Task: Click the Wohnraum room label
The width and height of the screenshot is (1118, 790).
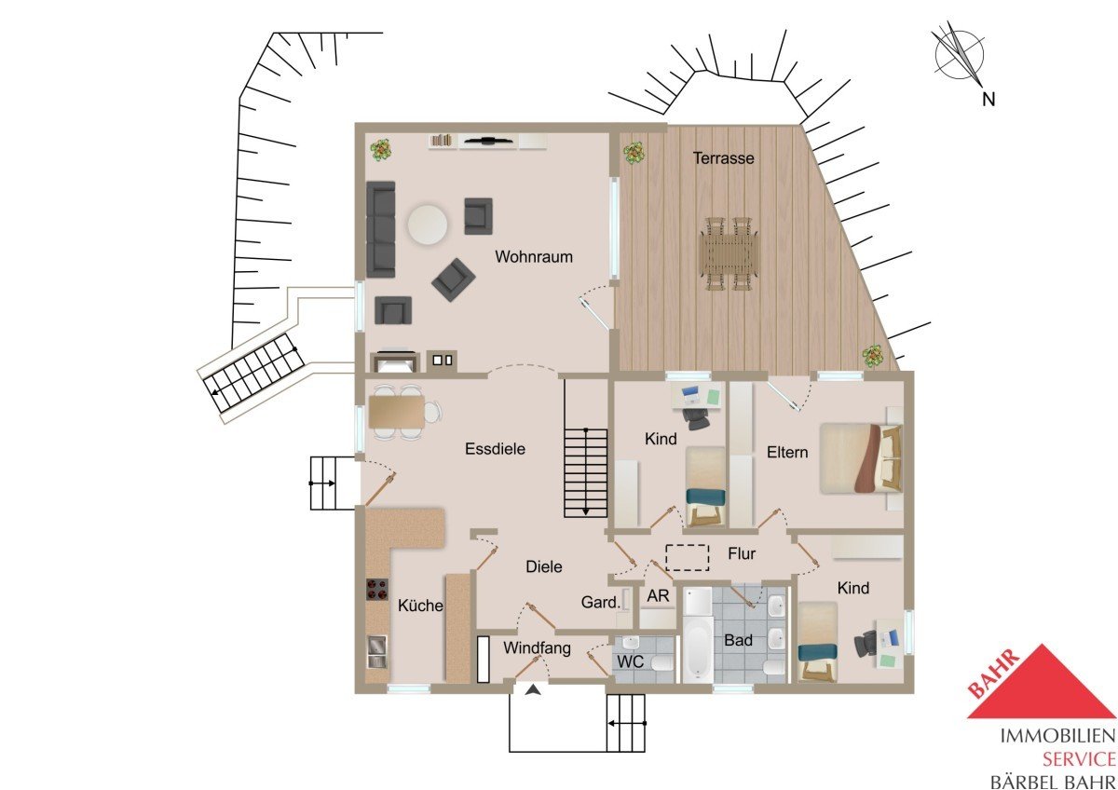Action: click(534, 257)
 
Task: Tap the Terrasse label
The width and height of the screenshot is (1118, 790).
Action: click(723, 158)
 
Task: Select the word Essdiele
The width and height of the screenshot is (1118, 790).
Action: click(495, 449)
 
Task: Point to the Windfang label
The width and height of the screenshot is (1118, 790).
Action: click(537, 647)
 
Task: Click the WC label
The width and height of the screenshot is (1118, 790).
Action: click(631, 662)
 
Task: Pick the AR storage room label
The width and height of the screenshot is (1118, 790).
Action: click(658, 595)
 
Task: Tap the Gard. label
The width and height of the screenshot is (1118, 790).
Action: click(600, 603)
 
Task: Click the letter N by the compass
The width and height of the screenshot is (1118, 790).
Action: click(988, 100)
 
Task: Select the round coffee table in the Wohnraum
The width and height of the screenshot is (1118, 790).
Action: click(428, 225)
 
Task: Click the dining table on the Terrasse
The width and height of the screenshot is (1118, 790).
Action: click(729, 253)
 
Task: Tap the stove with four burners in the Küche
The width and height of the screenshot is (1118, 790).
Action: click(377, 589)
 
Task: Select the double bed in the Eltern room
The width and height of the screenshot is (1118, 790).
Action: click(861, 458)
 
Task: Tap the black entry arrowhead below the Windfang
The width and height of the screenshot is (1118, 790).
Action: click(534, 690)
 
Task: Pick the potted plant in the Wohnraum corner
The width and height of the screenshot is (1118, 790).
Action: click(381, 150)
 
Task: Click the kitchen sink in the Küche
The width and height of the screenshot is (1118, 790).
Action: click(376, 652)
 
